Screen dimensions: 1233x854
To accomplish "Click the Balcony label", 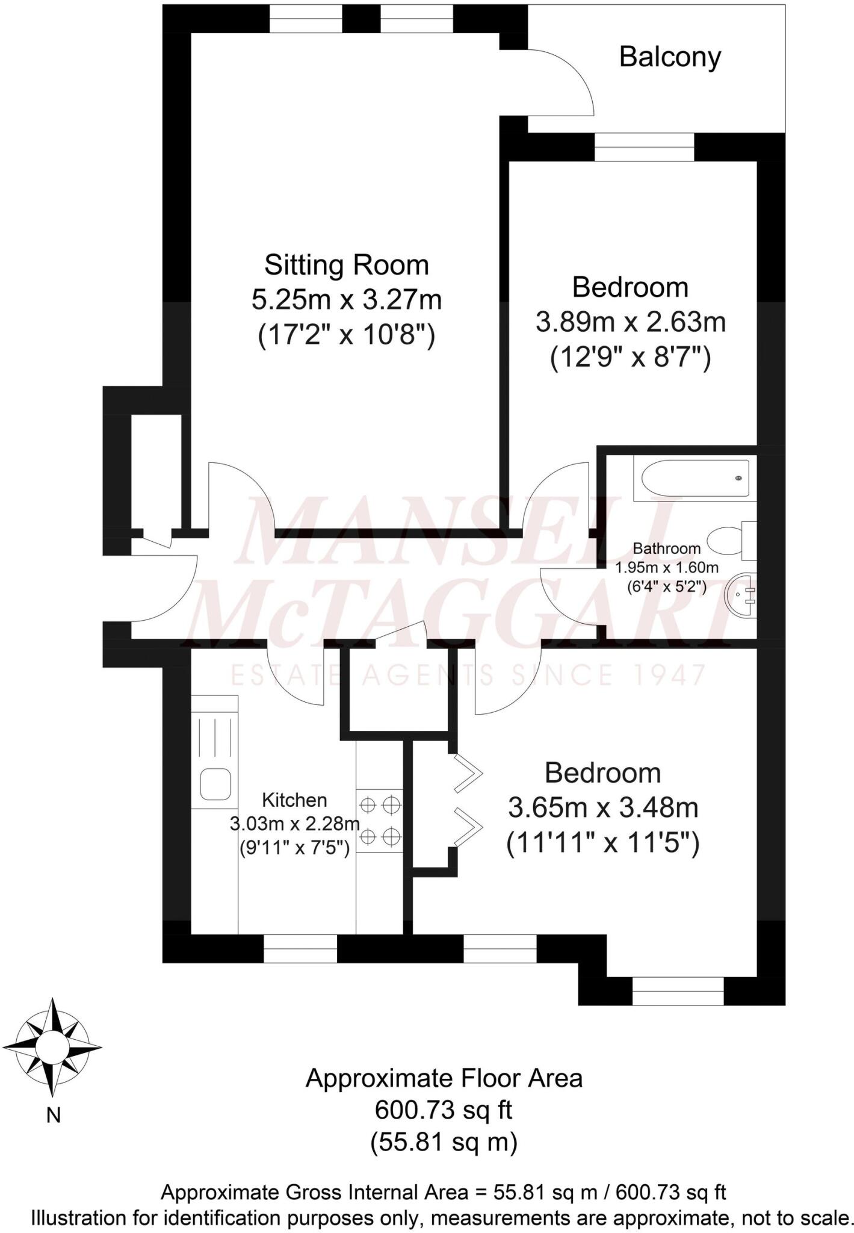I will (669, 58).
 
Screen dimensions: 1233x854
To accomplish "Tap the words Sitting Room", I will (347, 265).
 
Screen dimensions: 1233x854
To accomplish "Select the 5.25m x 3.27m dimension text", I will (347, 300).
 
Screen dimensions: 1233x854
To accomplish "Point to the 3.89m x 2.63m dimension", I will (630, 323).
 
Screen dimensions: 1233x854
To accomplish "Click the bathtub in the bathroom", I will (695, 478).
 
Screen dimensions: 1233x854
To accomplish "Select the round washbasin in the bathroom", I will (741, 594).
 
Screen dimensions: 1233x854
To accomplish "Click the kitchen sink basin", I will (215, 784).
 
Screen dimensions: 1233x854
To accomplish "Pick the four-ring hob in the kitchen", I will (379, 820).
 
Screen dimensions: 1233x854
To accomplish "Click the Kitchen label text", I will (294, 800).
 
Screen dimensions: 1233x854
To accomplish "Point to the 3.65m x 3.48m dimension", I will (603, 808).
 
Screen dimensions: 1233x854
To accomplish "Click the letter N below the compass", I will (54, 1116).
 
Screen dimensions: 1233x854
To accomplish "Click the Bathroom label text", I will (667, 548).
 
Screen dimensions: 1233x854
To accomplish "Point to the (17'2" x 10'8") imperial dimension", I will (347, 335).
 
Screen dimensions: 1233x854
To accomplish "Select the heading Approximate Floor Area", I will (444, 1078).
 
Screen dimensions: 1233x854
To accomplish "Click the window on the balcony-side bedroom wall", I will (644, 146).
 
